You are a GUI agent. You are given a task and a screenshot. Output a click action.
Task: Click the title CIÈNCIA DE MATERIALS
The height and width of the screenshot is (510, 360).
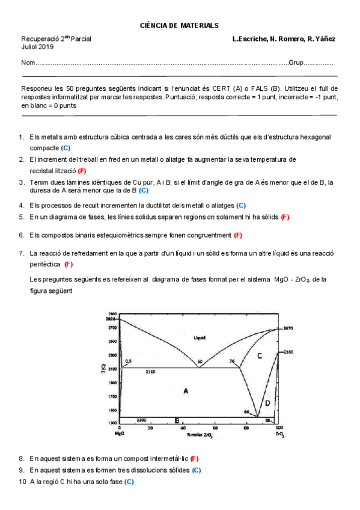coord(179,25)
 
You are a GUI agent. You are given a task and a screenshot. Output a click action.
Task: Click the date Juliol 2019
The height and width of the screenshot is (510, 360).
coord(37,46)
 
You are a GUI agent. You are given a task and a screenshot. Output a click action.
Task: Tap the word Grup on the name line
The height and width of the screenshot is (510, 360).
coord(296,63)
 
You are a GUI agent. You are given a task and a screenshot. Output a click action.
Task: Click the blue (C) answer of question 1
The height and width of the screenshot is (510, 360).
coord(66,147)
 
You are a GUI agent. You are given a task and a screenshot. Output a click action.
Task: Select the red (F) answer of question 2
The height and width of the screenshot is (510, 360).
coord(82,171)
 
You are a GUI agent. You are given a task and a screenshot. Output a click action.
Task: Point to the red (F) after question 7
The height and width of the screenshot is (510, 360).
coord(69,264)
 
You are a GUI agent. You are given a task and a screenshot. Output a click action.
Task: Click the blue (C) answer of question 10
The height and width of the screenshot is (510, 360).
coord(129,482)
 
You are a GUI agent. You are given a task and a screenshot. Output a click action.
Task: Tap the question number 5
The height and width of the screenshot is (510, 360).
coord(22,217)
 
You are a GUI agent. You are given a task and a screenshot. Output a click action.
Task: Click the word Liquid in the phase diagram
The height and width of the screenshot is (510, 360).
coord(200,337)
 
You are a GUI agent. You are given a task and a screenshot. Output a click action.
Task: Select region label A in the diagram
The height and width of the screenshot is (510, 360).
coord(186,391)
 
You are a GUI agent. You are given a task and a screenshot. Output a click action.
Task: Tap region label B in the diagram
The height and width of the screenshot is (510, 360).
coord(177,420)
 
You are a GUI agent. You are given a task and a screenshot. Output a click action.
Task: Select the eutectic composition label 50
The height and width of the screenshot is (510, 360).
coord(200,361)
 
